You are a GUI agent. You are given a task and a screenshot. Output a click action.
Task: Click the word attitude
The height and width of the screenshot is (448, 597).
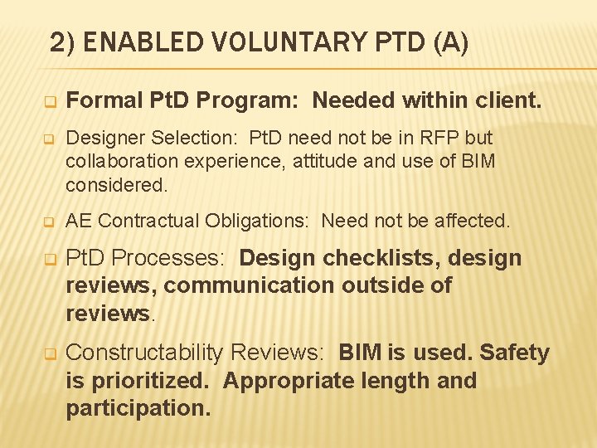322,161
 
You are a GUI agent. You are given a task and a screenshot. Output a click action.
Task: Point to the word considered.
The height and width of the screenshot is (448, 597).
116,184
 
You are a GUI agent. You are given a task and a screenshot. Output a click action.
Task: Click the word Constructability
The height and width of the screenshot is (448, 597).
143,353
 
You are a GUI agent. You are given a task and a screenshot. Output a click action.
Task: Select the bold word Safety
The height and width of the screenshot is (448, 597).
515,353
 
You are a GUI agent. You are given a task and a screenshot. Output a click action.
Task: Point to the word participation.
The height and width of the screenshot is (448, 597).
138,408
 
